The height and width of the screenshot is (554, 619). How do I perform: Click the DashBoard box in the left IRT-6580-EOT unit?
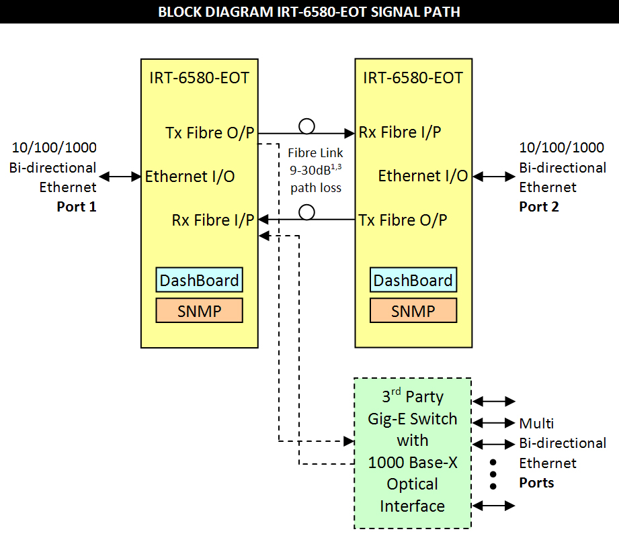(x=199, y=280)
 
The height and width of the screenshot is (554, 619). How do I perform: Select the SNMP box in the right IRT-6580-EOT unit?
(x=413, y=311)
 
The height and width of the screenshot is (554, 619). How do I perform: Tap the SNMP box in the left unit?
(x=199, y=311)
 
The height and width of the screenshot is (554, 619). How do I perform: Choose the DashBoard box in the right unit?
(x=413, y=280)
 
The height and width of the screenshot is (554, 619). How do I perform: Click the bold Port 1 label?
(x=77, y=207)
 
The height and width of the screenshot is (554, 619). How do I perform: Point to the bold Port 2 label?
(x=539, y=207)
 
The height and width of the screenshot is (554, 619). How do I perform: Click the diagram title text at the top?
(x=309, y=12)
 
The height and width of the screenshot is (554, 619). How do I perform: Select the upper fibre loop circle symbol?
(x=306, y=126)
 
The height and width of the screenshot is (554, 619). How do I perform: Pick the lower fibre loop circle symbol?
(x=306, y=212)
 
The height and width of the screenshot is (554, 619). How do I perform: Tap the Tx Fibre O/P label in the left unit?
(x=210, y=133)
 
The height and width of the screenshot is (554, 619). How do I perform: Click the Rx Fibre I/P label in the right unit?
(x=400, y=132)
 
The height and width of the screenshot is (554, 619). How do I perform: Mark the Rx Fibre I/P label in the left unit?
(x=213, y=220)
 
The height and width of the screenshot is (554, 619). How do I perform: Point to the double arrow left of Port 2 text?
(x=493, y=177)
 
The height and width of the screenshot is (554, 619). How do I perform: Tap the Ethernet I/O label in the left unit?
(x=190, y=177)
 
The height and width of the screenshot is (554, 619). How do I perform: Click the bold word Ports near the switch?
(x=536, y=483)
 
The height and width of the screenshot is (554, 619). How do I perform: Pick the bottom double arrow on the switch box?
(x=494, y=505)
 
